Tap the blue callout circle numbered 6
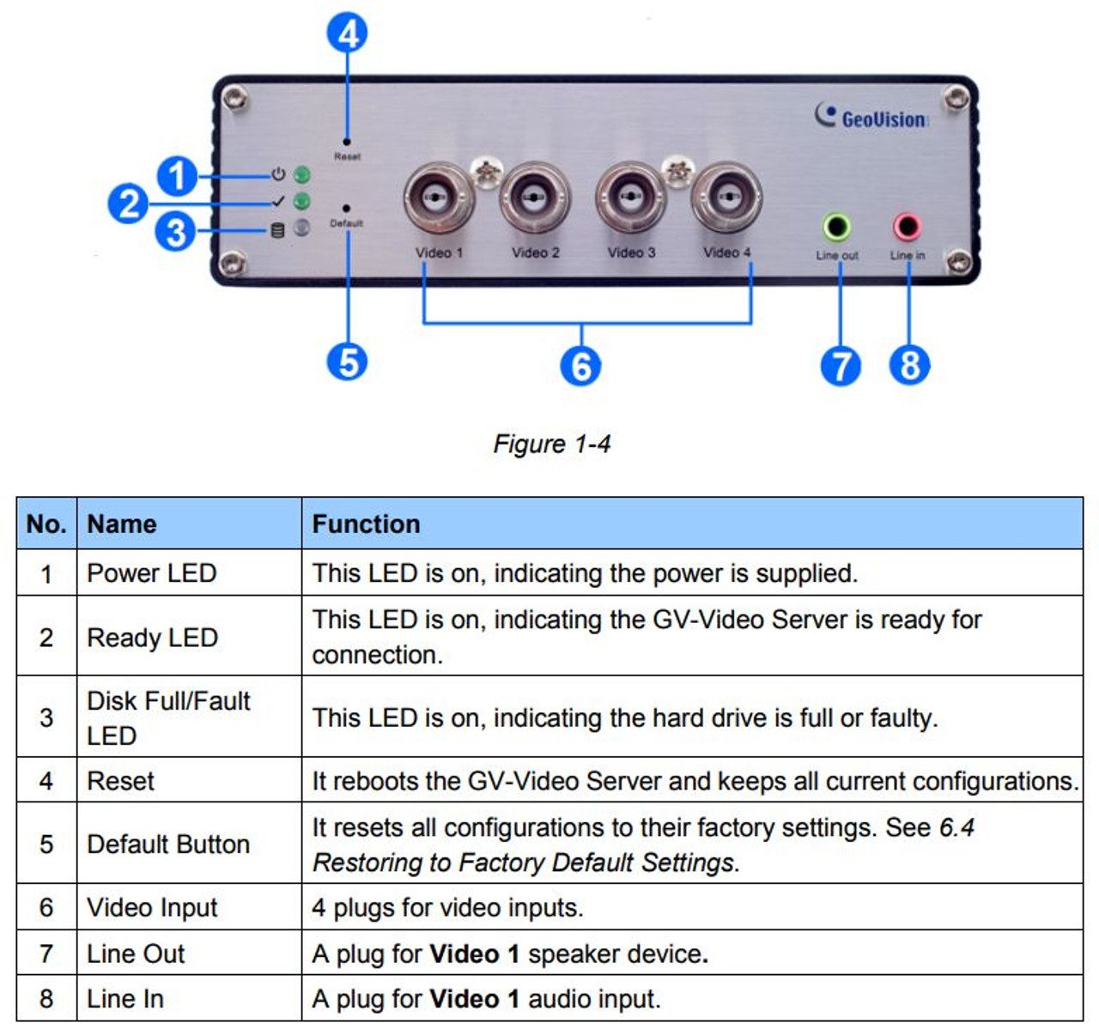[x=580, y=366]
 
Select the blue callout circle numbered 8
[x=909, y=365]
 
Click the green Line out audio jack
[x=837, y=227]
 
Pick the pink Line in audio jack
[x=907, y=227]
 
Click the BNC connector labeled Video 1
[x=438, y=197]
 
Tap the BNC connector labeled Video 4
[x=726, y=197]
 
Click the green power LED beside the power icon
[x=301, y=175]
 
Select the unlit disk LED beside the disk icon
[x=301, y=227]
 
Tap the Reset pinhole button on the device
[x=346, y=142]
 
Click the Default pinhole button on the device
[x=346, y=208]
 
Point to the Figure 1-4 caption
[x=552, y=444]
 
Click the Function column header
[x=366, y=524]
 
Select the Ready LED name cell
[x=189, y=636]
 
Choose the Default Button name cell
[x=189, y=843]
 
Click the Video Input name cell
[x=189, y=907]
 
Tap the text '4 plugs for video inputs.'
[x=447, y=908]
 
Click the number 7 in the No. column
[x=46, y=953]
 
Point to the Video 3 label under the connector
[x=631, y=253]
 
